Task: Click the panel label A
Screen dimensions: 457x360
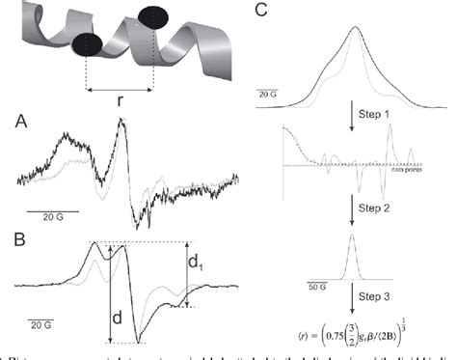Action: tap(20, 123)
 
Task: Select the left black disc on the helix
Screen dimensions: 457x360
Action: tap(89, 45)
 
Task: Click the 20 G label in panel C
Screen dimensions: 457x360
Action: tap(267, 94)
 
